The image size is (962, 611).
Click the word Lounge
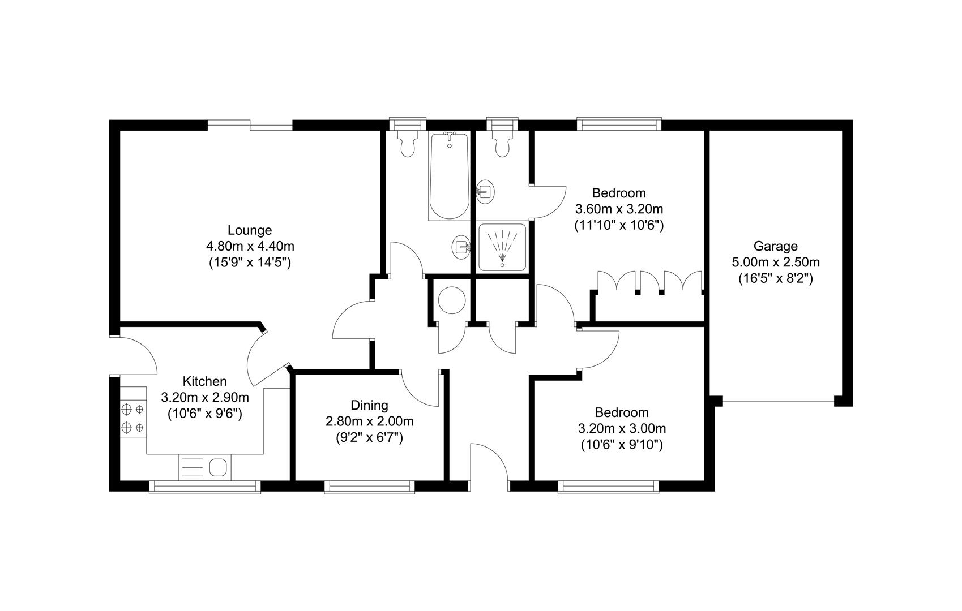click(249, 230)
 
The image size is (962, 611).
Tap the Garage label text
click(775, 246)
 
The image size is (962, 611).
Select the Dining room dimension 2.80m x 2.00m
click(369, 421)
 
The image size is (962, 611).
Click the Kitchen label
click(204, 381)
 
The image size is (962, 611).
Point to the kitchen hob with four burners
click(132, 418)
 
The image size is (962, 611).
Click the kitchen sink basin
click(218, 468)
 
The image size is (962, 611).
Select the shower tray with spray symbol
click(502, 247)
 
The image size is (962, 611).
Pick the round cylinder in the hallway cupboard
click(451, 300)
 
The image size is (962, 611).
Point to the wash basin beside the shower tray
click(461, 247)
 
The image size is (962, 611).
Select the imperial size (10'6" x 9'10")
click(621, 445)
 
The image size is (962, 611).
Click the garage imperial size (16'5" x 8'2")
click(775, 278)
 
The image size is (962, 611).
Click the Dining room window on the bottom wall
click(369, 487)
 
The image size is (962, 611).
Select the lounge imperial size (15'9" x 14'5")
click(249, 263)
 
